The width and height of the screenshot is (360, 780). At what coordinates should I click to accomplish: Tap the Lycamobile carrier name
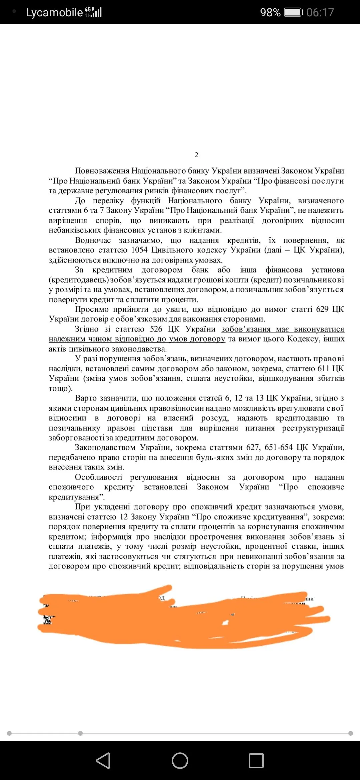tap(54, 12)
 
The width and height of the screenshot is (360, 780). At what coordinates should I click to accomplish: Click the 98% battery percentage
tap(270, 12)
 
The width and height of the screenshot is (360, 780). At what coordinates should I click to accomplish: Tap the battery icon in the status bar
tap(293, 12)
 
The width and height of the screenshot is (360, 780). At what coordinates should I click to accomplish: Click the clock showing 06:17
tap(320, 12)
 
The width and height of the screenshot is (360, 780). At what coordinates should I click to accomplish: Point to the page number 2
tap(196, 155)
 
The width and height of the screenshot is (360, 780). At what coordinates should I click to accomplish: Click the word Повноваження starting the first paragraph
tap(102, 171)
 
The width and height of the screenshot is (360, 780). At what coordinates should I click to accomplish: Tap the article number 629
tap(322, 309)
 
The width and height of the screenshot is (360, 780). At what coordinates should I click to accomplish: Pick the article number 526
tap(156, 329)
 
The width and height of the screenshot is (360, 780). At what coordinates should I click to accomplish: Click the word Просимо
tap(92, 309)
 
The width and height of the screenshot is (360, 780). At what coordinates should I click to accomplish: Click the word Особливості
tap(99, 477)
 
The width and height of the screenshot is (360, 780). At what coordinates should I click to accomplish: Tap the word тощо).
tap(60, 388)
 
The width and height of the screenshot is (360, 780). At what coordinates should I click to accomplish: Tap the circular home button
tap(180, 760)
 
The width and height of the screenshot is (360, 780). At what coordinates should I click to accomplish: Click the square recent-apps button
tap(256, 760)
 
